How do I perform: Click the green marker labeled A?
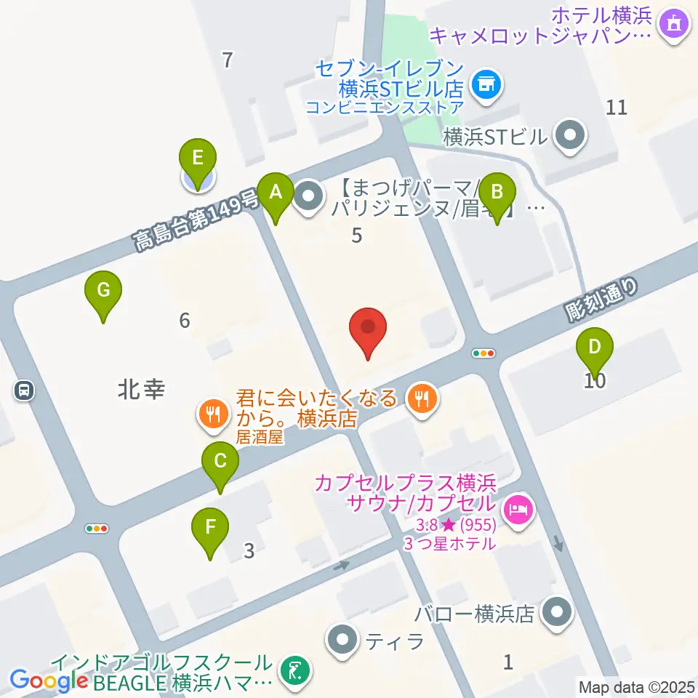[276, 193]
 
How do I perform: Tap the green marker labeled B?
[497, 193]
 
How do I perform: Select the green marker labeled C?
[220, 461]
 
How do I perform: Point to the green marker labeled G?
[103, 291]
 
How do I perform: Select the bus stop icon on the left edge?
[24, 391]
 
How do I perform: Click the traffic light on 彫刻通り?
[484, 353]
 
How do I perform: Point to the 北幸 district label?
[141, 390]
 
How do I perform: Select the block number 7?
[228, 60]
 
